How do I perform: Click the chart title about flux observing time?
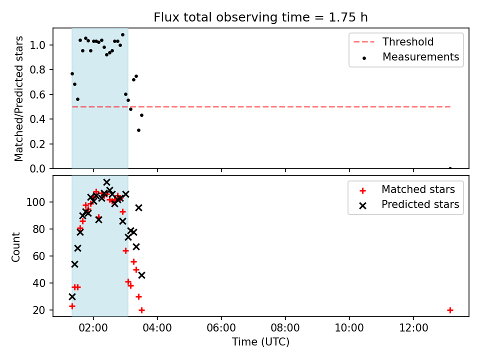pos(260,17)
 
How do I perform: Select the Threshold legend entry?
pos(393,41)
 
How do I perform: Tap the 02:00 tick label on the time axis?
pos(93,328)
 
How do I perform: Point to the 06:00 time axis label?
pos(221,328)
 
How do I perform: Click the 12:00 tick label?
pos(413,328)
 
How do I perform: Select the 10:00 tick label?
pos(349,328)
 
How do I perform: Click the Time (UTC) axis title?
pos(260,342)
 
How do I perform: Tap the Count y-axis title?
pos(16,247)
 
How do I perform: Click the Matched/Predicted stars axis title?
pos(19,98)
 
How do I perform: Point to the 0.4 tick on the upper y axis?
pos(37,119)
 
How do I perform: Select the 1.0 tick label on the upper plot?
pos(37,45)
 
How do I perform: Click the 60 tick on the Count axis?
pos(38,256)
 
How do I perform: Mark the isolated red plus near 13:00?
pos(450,310)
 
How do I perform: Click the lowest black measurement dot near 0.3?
pos(138,130)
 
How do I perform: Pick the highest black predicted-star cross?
pos(106,182)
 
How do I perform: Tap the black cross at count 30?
pos(72,296)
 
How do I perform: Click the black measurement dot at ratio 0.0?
pos(450,168)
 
